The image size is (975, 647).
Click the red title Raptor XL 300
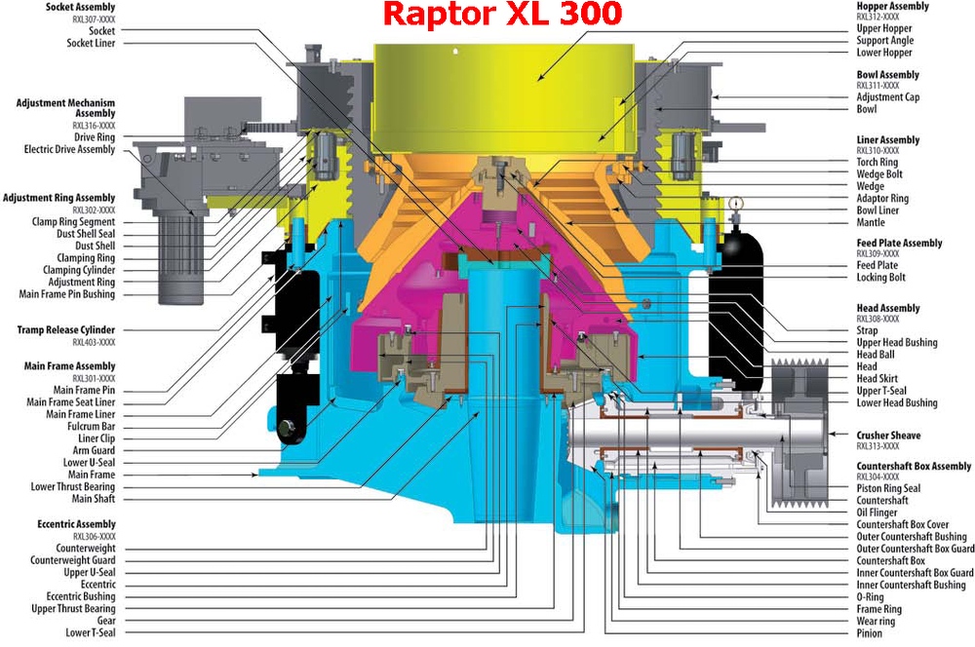(x=502, y=14)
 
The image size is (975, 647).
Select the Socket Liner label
(x=91, y=43)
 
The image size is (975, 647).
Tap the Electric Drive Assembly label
(x=69, y=149)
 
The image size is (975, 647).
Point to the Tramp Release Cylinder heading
(x=66, y=330)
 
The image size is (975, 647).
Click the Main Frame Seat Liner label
(x=71, y=402)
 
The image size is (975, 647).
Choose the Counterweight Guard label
(x=73, y=560)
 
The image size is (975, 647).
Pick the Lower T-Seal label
(x=91, y=632)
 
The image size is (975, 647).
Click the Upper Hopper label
(x=884, y=28)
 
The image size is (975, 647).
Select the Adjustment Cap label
(x=888, y=97)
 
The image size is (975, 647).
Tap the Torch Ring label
(x=877, y=162)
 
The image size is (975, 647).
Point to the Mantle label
(x=871, y=222)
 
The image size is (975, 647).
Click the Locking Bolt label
(x=881, y=277)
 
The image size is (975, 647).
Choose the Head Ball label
(x=876, y=355)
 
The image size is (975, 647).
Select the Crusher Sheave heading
(x=888, y=436)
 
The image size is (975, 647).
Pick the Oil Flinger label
(x=877, y=513)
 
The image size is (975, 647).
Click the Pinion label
(x=870, y=633)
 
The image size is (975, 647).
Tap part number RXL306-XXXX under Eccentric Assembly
(x=94, y=536)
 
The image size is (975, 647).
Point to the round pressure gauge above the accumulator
(x=737, y=203)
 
